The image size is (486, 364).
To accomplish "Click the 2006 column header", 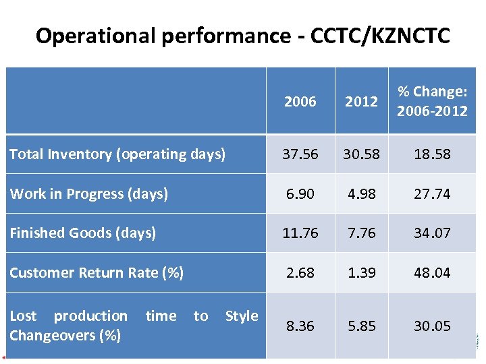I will coord(300,102).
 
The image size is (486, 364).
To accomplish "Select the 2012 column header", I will coord(361,102).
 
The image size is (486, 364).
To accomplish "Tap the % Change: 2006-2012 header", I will coord(432,101).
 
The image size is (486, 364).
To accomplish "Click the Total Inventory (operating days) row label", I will coord(117,154).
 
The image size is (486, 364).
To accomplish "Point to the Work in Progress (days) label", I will coord(88,194).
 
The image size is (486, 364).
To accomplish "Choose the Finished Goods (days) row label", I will coord(82,233).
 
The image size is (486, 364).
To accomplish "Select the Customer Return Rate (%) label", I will coord(97,273).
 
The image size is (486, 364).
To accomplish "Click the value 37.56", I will coord(300,154).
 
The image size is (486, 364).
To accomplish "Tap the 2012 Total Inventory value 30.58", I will coord(361,154).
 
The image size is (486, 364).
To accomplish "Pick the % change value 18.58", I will coord(432,154).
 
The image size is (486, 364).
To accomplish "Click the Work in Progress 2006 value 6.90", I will coord(300,194).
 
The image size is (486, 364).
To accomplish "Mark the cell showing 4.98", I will coord(361,194).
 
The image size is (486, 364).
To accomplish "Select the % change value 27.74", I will coord(432,194).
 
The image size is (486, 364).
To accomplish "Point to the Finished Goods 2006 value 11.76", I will coord(300,233).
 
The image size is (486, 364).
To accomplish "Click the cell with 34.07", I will coord(432,233).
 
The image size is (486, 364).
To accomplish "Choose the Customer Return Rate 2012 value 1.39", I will coord(361,273).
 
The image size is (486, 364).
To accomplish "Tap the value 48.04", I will coord(432,273).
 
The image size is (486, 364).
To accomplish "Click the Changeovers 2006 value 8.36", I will coord(300,326).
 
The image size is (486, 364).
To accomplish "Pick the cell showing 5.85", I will coord(361,326).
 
